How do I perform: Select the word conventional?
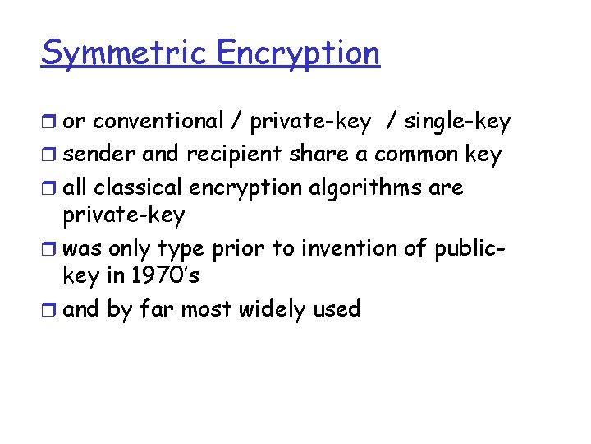(x=158, y=122)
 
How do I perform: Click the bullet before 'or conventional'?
(x=49, y=123)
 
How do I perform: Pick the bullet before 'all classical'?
(x=49, y=188)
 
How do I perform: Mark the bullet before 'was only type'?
(x=49, y=248)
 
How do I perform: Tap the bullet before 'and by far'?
(x=49, y=310)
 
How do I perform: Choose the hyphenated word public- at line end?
(x=475, y=248)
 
